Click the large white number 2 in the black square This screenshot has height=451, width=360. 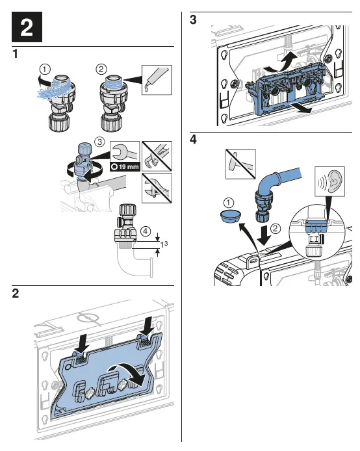[x=27, y=27]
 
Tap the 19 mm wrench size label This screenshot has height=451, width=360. [x=125, y=166]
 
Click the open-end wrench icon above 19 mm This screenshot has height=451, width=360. [x=125, y=152]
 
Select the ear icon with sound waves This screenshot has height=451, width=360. [x=330, y=181]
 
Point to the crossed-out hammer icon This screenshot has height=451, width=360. [x=240, y=164]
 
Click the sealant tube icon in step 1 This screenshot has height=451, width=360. [x=157, y=80]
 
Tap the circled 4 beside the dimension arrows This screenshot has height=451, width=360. [x=146, y=231]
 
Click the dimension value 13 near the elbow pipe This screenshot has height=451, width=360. [x=164, y=244]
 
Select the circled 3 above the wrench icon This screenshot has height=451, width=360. [x=100, y=142]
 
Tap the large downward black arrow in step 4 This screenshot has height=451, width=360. [x=263, y=235]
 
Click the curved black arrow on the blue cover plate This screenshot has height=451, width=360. [x=127, y=372]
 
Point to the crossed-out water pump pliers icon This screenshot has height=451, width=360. [x=157, y=156]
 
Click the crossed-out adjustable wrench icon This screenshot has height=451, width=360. [x=157, y=188]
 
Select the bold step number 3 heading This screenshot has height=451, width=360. [x=193, y=20]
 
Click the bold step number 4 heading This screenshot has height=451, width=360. [x=193, y=140]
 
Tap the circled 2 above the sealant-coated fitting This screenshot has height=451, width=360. [x=101, y=70]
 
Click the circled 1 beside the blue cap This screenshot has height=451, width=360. [x=229, y=203]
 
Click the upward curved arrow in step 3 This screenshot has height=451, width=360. [x=283, y=62]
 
